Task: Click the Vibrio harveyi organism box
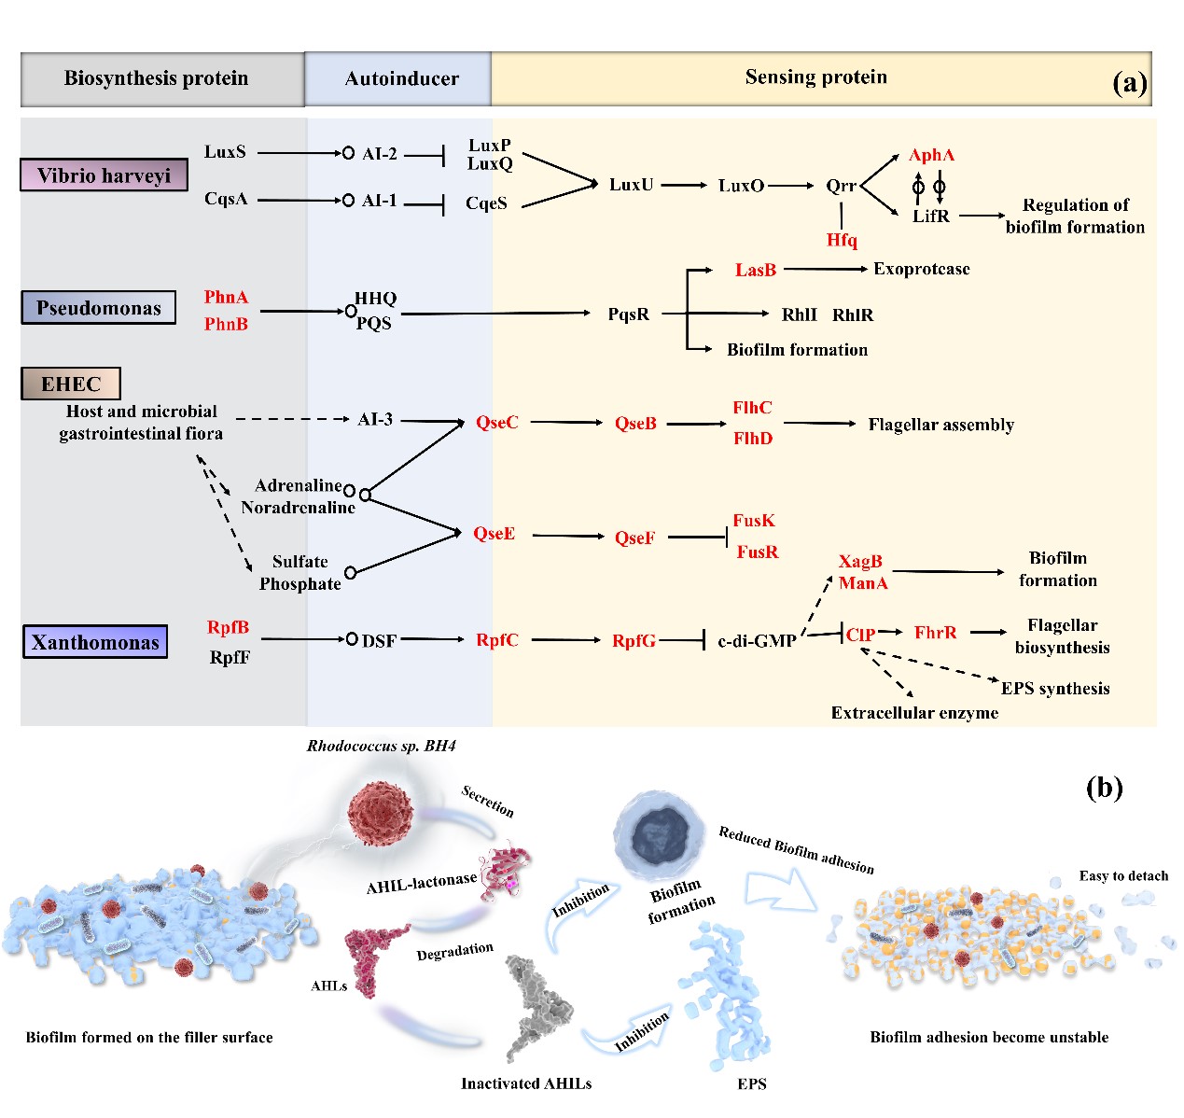[104, 175]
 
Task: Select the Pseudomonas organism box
[98, 307]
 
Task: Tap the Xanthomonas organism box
[95, 642]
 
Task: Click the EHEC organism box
[71, 384]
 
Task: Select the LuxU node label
[631, 185]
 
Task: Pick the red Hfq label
[842, 241]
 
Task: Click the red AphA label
[931, 155]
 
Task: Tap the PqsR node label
[628, 314]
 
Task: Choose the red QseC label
[496, 423]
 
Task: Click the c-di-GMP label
[757, 641]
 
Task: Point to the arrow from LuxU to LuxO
[684, 185]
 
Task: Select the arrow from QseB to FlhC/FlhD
[696, 424]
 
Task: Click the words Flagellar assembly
[940, 425]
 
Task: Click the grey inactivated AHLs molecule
[536, 1008]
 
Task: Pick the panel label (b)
[1104, 788]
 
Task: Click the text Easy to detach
[1123, 875]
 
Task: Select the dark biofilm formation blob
[660, 832]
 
